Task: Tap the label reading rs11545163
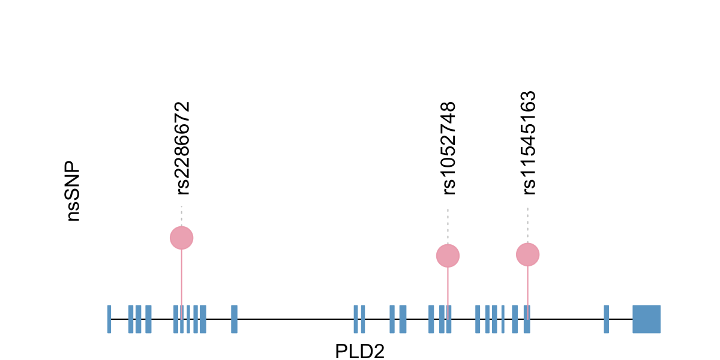pyautogui.click(x=529, y=143)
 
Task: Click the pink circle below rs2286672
pyautogui.click(x=181, y=238)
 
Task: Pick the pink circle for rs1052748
pyautogui.click(x=448, y=256)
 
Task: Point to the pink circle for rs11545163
pyautogui.click(x=527, y=254)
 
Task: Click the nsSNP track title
pyautogui.click(x=73, y=191)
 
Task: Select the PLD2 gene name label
pyautogui.click(x=359, y=350)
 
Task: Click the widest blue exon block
pyautogui.click(x=646, y=319)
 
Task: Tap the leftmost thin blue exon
pyautogui.click(x=109, y=319)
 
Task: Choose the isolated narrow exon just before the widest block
pyautogui.click(x=607, y=319)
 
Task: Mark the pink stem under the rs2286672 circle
pyautogui.click(x=181, y=276)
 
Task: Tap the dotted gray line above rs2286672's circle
pyautogui.click(x=181, y=216)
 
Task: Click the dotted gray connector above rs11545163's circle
pyautogui.click(x=527, y=225)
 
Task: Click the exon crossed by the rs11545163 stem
pyautogui.click(x=526, y=319)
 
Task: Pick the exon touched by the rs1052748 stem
pyautogui.click(x=449, y=319)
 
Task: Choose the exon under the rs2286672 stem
pyautogui.click(x=182, y=319)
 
